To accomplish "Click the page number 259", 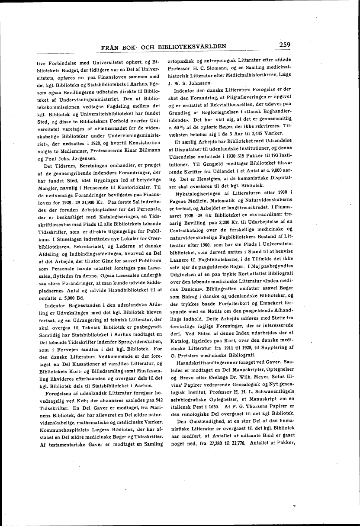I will point(287,45).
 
